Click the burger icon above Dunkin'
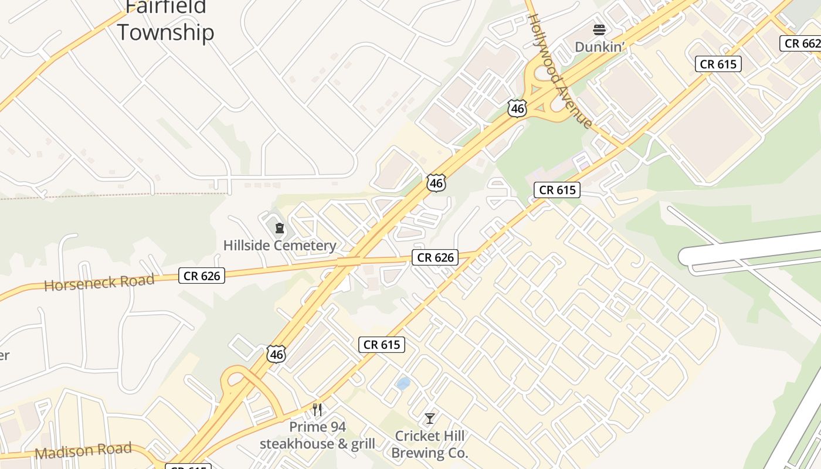pos(599,29)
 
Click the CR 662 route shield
pos(801,43)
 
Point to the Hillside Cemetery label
pos(280,245)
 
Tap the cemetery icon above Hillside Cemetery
pos(280,227)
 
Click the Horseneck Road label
pos(99,283)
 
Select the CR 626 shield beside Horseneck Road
pos(202,276)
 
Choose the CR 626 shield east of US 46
pos(435,257)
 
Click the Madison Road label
pos(83,451)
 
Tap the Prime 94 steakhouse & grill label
pos(317,435)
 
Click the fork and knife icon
pos(317,409)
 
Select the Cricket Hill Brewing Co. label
pos(429,444)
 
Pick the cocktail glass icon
pos(430,418)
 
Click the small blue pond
pos(403,383)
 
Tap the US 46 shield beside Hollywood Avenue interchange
pos(517,108)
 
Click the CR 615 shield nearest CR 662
pos(718,64)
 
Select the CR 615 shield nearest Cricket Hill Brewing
pos(382,345)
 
